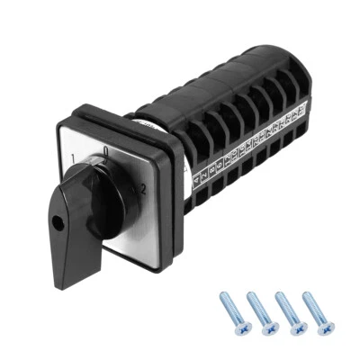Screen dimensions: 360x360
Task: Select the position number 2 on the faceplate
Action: [141, 189]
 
